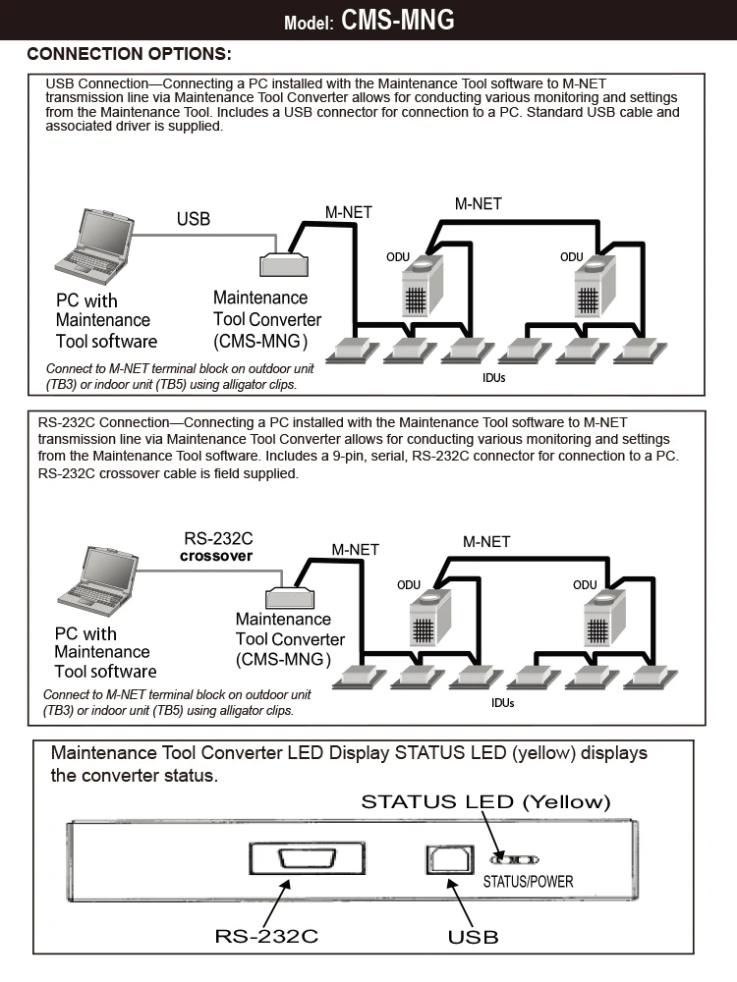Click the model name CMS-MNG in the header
click(398, 21)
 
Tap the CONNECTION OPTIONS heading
click(129, 53)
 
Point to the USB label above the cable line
click(194, 219)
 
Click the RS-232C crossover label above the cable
click(218, 546)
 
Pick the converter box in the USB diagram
click(285, 265)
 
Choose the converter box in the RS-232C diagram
click(292, 596)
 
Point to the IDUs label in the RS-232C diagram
click(502, 703)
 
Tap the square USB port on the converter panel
click(439, 859)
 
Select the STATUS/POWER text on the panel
click(528, 882)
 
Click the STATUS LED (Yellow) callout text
click(485, 801)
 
